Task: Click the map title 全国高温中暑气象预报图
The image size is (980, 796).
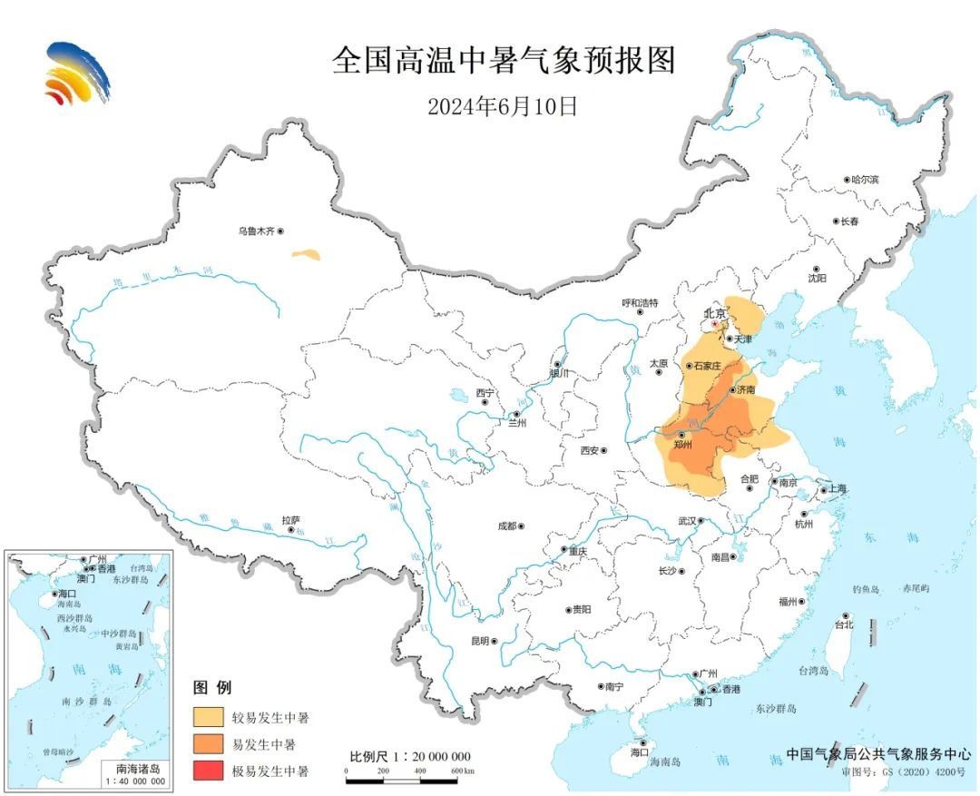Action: (x=504, y=61)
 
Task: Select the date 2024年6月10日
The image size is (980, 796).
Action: (x=503, y=105)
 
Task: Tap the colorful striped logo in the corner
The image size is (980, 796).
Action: (x=76, y=73)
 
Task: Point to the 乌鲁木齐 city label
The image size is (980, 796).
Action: (x=256, y=231)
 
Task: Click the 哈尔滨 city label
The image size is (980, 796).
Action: (x=865, y=180)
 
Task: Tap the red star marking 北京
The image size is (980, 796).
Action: (x=714, y=323)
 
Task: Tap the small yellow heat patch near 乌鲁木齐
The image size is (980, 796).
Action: (x=306, y=255)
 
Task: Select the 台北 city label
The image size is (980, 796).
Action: (x=844, y=625)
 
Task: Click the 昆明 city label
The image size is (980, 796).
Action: (x=479, y=641)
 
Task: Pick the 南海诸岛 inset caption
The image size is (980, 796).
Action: (x=135, y=768)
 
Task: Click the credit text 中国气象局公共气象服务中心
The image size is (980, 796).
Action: (x=878, y=753)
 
